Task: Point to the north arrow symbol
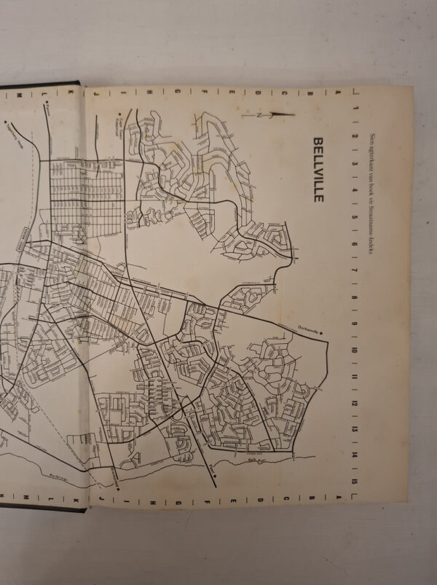(x=280, y=114)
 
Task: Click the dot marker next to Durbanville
(x=321, y=331)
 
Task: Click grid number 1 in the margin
(x=354, y=109)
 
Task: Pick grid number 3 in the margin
(x=354, y=163)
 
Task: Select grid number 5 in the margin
(x=354, y=217)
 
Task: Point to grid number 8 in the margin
(x=354, y=297)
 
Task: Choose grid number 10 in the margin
(x=354, y=350)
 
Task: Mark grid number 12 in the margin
(x=354, y=404)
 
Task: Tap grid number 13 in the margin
(x=354, y=430)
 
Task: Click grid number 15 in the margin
(x=354, y=482)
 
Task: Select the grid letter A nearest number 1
(x=337, y=93)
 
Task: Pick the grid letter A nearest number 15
(x=338, y=499)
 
